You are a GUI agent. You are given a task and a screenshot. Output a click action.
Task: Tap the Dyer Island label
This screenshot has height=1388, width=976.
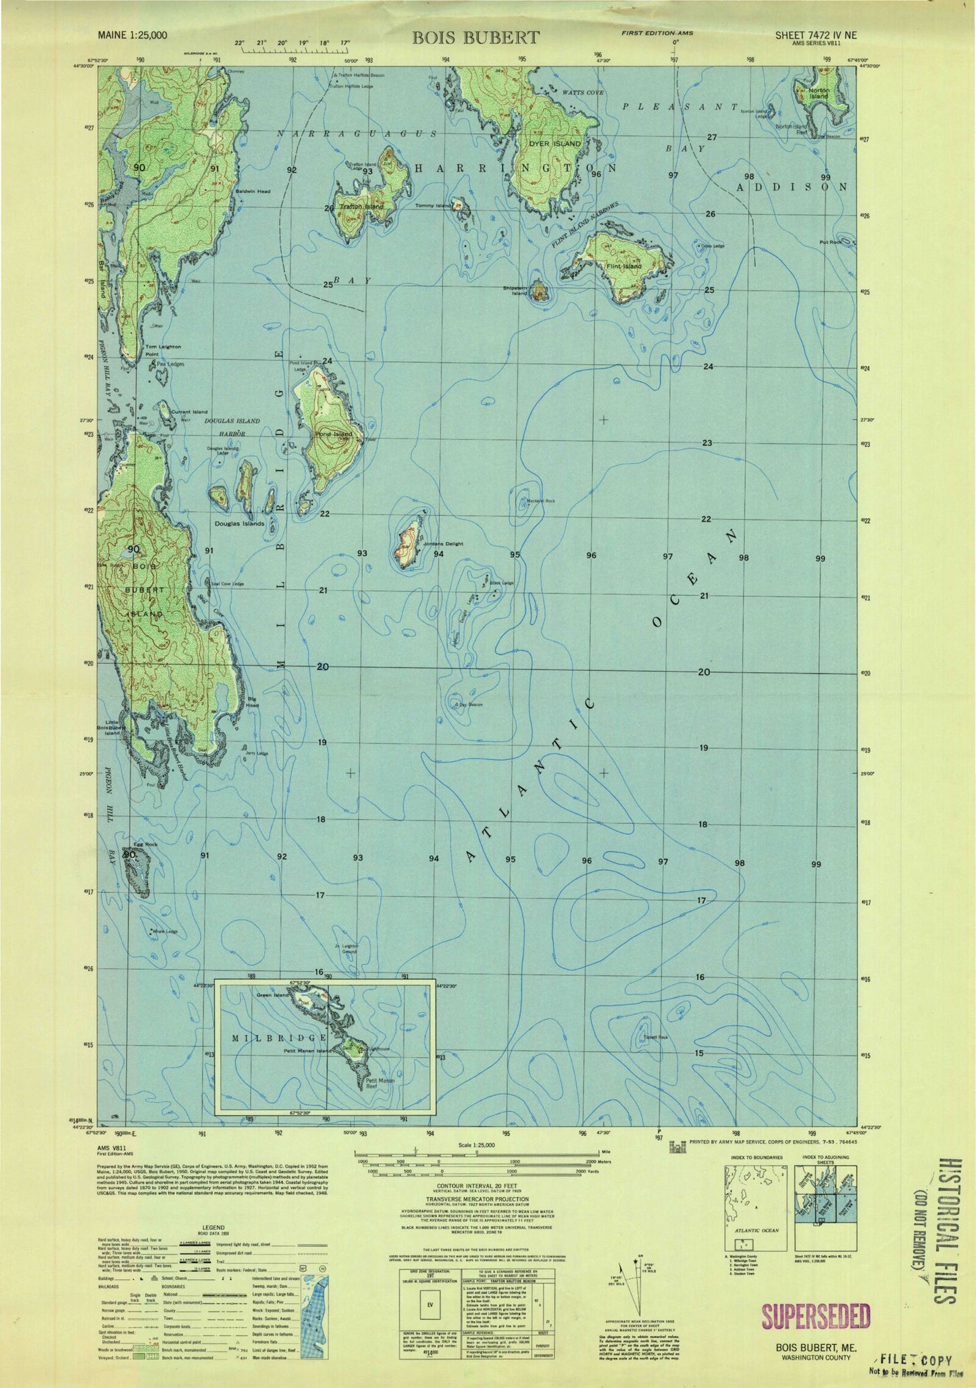click(x=559, y=144)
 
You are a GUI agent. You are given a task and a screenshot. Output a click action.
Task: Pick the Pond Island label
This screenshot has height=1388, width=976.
click(x=334, y=434)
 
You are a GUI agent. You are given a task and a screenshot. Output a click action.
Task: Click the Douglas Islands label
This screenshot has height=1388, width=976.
click(x=239, y=523)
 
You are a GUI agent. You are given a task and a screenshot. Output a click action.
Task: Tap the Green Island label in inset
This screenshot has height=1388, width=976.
click(x=272, y=996)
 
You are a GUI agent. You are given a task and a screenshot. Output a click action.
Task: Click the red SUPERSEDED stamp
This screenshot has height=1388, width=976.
click(x=815, y=1316)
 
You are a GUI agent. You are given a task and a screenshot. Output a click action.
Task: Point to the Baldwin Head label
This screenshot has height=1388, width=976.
click(x=253, y=192)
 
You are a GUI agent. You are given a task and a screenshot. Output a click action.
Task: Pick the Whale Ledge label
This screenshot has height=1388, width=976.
click(x=165, y=932)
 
